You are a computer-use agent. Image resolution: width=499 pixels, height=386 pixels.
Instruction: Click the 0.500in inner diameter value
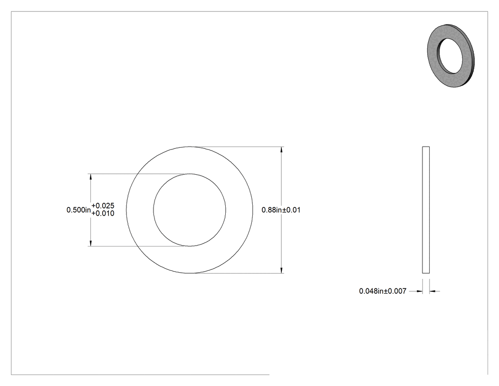[78, 210]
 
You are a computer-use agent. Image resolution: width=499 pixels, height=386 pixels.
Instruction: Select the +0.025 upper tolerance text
[103, 206]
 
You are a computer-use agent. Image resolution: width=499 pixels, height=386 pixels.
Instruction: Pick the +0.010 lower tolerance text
[103, 214]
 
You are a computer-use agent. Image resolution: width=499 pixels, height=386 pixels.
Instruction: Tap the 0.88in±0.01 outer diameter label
[281, 210]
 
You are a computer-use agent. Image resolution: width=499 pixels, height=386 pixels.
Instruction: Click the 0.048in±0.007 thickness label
[383, 291]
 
